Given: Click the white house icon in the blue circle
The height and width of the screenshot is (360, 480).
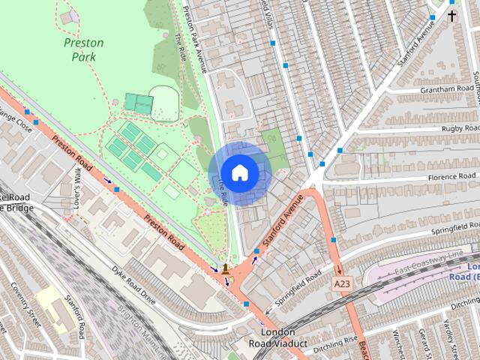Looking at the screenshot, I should (x=239, y=172).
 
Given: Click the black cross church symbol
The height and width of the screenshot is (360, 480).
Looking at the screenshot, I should (x=452, y=14).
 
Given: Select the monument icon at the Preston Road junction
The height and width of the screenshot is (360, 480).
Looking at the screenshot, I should (x=225, y=268).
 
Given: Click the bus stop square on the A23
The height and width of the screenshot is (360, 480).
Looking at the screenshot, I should (x=333, y=240).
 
